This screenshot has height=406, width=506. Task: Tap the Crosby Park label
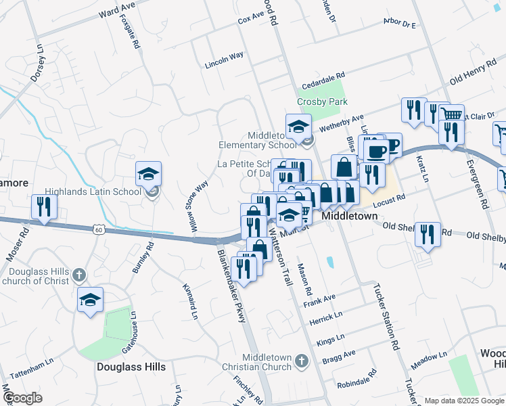pyautogui.click(x=322, y=101)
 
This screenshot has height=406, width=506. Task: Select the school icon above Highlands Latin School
pyautogui.click(x=149, y=175)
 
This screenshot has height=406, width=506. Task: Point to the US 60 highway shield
pyautogui.click(x=99, y=230)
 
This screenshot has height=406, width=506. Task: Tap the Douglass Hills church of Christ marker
pyautogui.click(x=79, y=275)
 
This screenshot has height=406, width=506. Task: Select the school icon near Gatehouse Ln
pyautogui.click(x=90, y=299)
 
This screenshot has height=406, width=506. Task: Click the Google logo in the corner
pyautogui.click(x=23, y=397)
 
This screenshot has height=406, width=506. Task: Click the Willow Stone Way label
pyautogui.click(x=197, y=202)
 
